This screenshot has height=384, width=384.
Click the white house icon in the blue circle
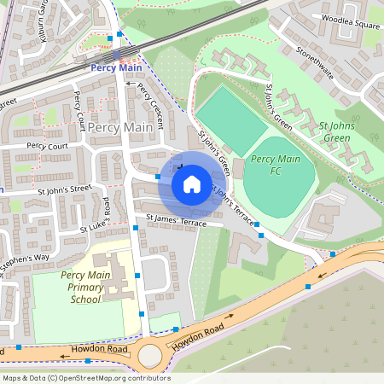pos(192,183)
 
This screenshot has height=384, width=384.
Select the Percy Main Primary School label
pos(84,288)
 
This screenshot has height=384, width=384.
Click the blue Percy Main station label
pos(117,67)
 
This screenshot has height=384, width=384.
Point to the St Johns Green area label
pos(335,132)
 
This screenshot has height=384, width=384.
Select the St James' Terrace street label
pos(176,220)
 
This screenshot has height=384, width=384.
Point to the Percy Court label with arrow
pos(46,145)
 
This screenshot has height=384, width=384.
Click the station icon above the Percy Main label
pos(117,54)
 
